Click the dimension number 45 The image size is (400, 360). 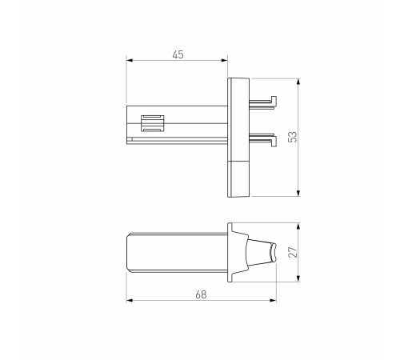pyautogui.click(x=178, y=54)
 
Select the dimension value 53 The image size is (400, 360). pyautogui.click(x=293, y=136)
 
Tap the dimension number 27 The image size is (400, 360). pyautogui.click(x=293, y=252)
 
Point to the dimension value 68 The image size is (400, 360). pyautogui.click(x=201, y=294)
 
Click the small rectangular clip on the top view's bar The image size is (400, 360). pyautogui.click(x=151, y=124)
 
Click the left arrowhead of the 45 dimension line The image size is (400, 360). pyautogui.click(x=129, y=62)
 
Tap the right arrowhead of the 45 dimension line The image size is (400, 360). pyautogui.click(x=226, y=62)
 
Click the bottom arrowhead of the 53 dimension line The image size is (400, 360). pyautogui.click(x=298, y=193)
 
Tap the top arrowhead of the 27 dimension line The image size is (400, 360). pyautogui.click(x=298, y=224)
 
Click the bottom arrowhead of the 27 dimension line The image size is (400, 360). pyautogui.click(x=298, y=280)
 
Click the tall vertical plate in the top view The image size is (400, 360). pyautogui.click(x=239, y=120)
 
